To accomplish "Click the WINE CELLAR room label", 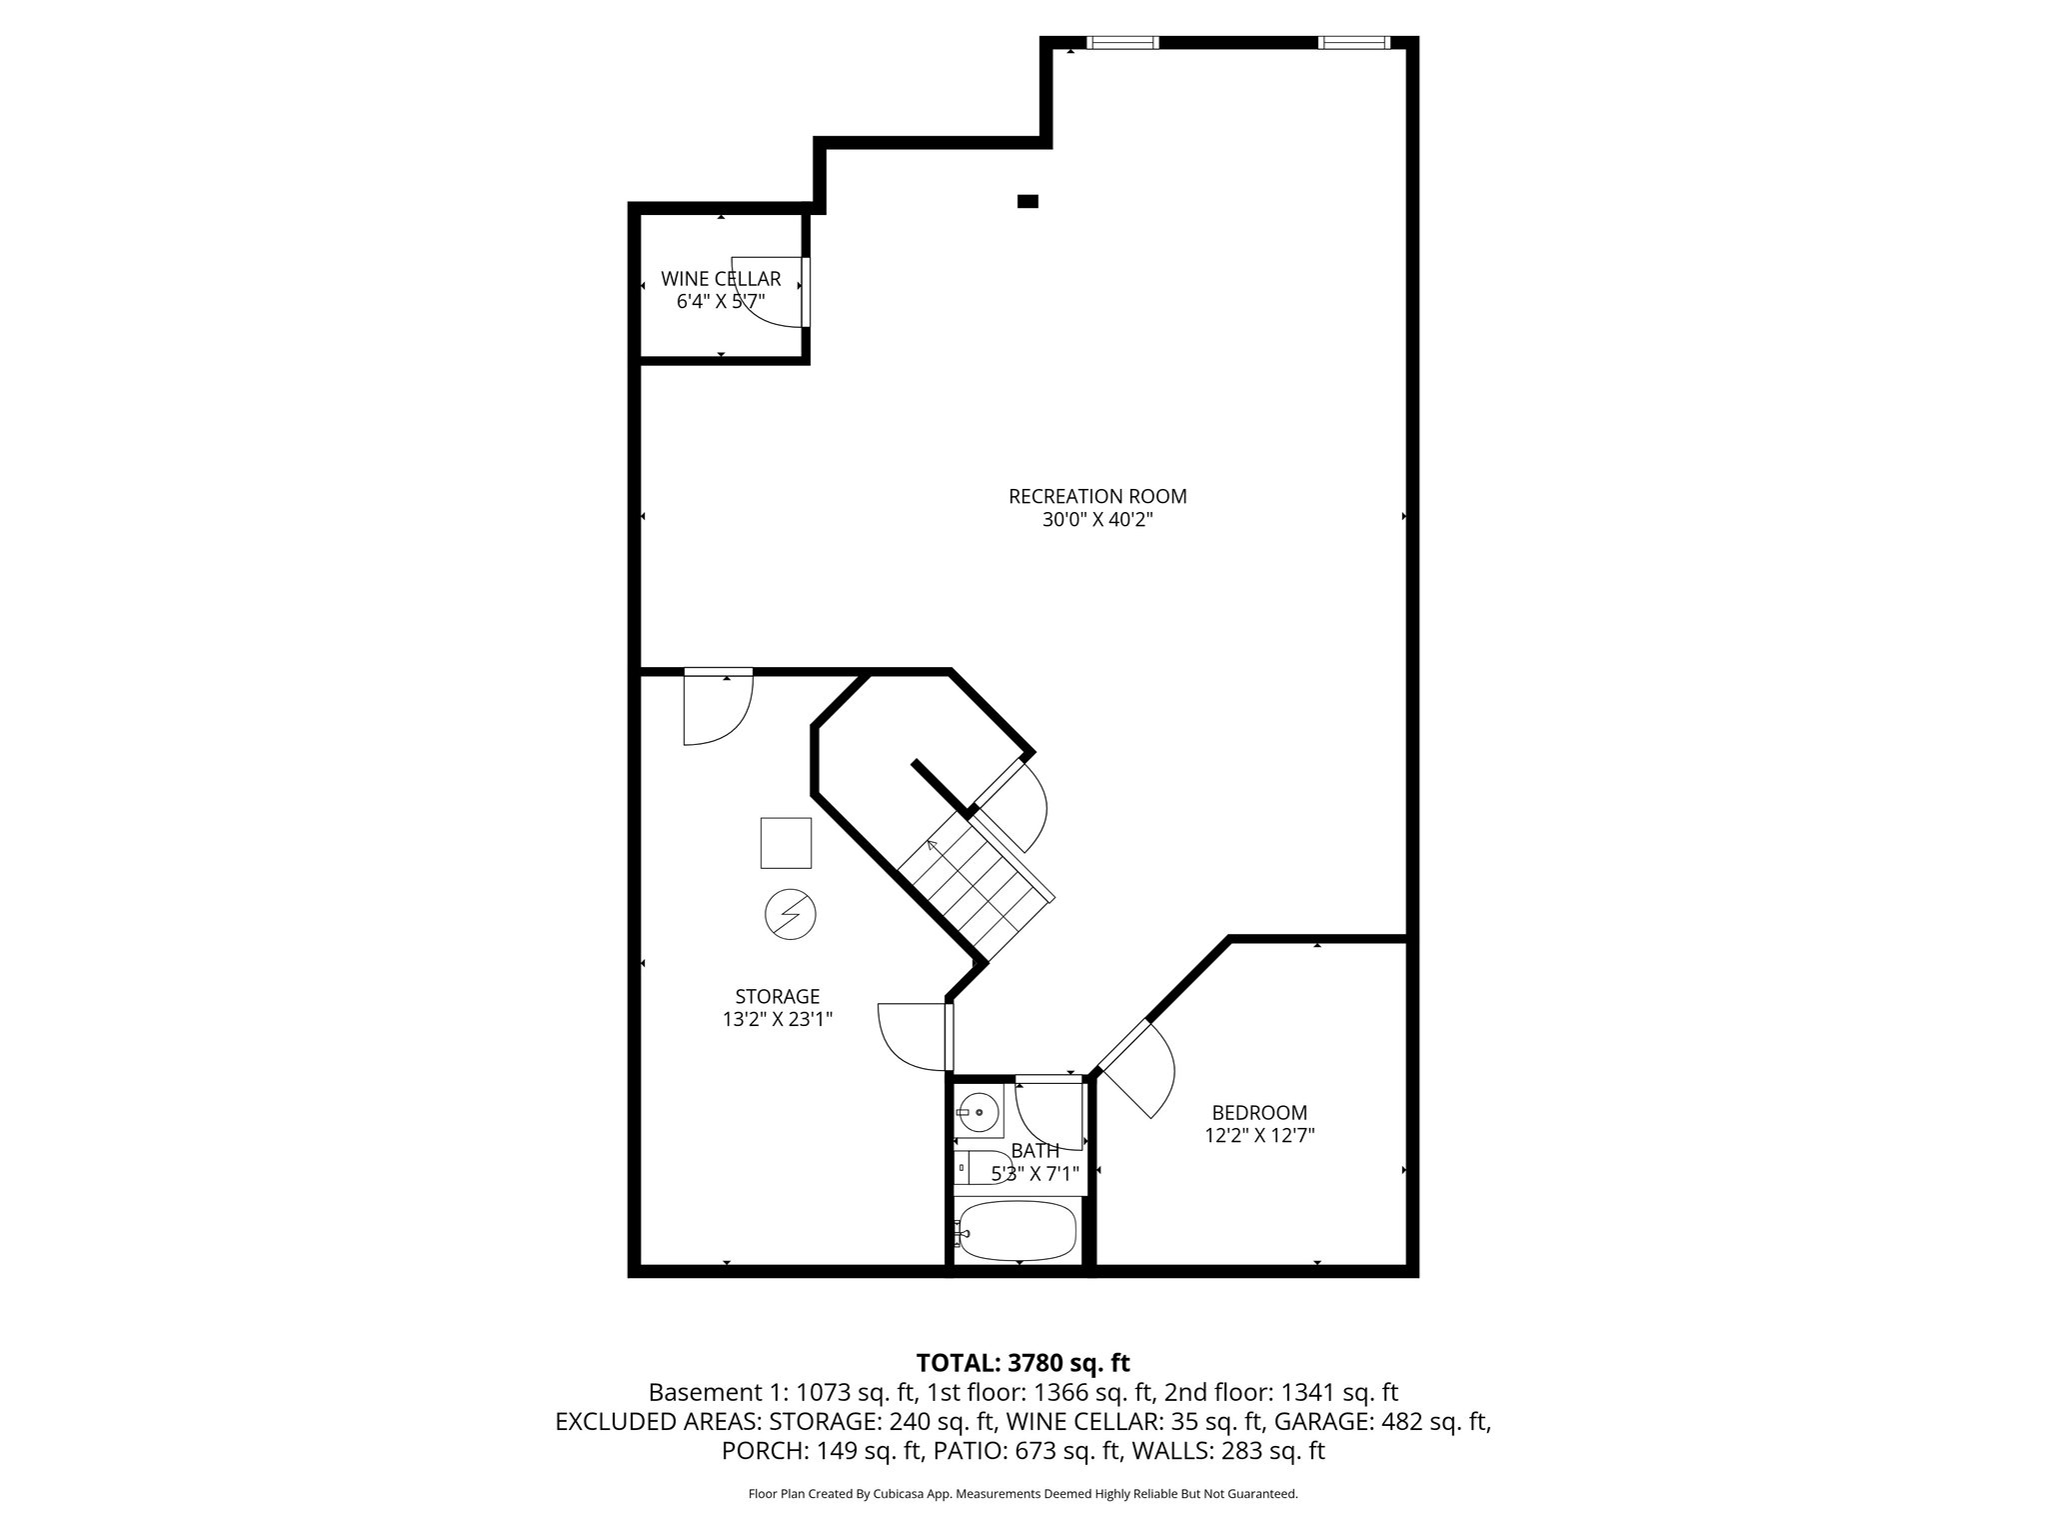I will click(x=720, y=279).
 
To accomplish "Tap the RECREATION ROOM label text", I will click(x=1097, y=496).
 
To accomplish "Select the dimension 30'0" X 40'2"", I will click(x=1097, y=520).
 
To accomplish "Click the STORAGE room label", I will click(x=777, y=996).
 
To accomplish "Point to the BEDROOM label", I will click(x=1259, y=1112).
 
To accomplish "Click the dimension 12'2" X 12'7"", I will click(x=1259, y=1135).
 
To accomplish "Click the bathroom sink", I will click(x=978, y=1111).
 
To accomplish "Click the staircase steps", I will click(x=975, y=885).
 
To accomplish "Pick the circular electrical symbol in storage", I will click(x=790, y=914).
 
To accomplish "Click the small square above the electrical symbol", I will click(x=786, y=842).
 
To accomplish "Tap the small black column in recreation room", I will click(x=1026, y=201).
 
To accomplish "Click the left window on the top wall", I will click(x=1121, y=43).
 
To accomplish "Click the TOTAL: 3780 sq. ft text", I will click(x=1023, y=1362).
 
